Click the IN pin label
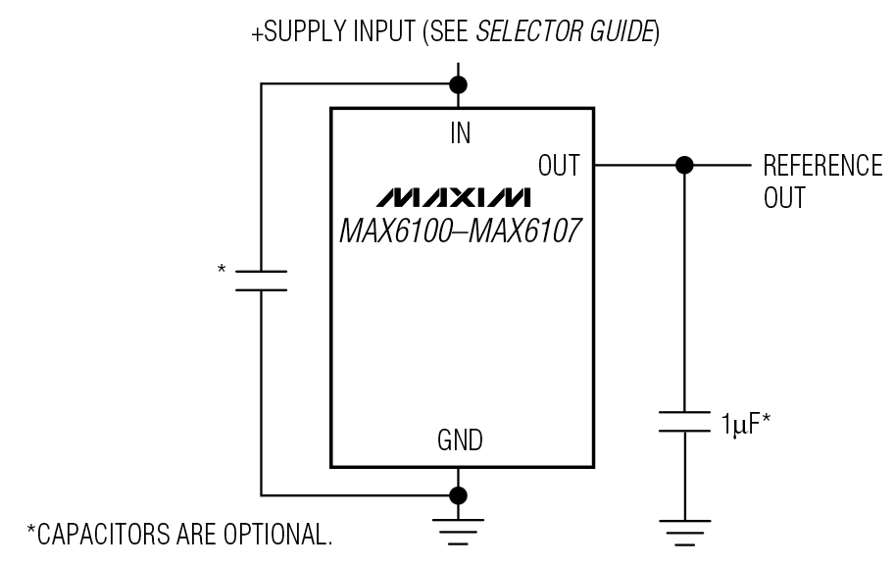[x=460, y=134]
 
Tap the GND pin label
[x=460, y=440]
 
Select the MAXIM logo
[x=460, y=196]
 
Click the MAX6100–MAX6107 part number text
[x=460, y=232]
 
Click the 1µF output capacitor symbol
[x=685, y=422]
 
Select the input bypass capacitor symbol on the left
[x=262, y=280]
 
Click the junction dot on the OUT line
[x=685, y=166]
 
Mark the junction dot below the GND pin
[x=457, y=494]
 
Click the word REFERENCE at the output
[x=822, y=166]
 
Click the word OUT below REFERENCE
[x=784, y=197]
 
